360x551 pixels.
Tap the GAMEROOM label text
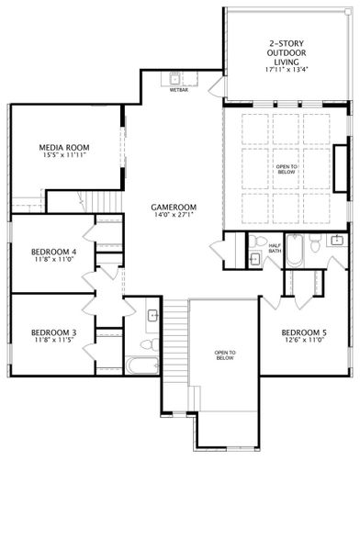click(x=174, y=207)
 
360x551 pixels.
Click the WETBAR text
click(x=178, y=90)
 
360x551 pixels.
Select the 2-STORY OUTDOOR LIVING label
click(x=285, y=52)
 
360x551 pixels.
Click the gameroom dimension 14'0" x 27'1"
click(x=174, y=216)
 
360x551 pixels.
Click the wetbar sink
click(x=176, y=78)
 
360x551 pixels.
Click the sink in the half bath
click(x=254, y=259)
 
